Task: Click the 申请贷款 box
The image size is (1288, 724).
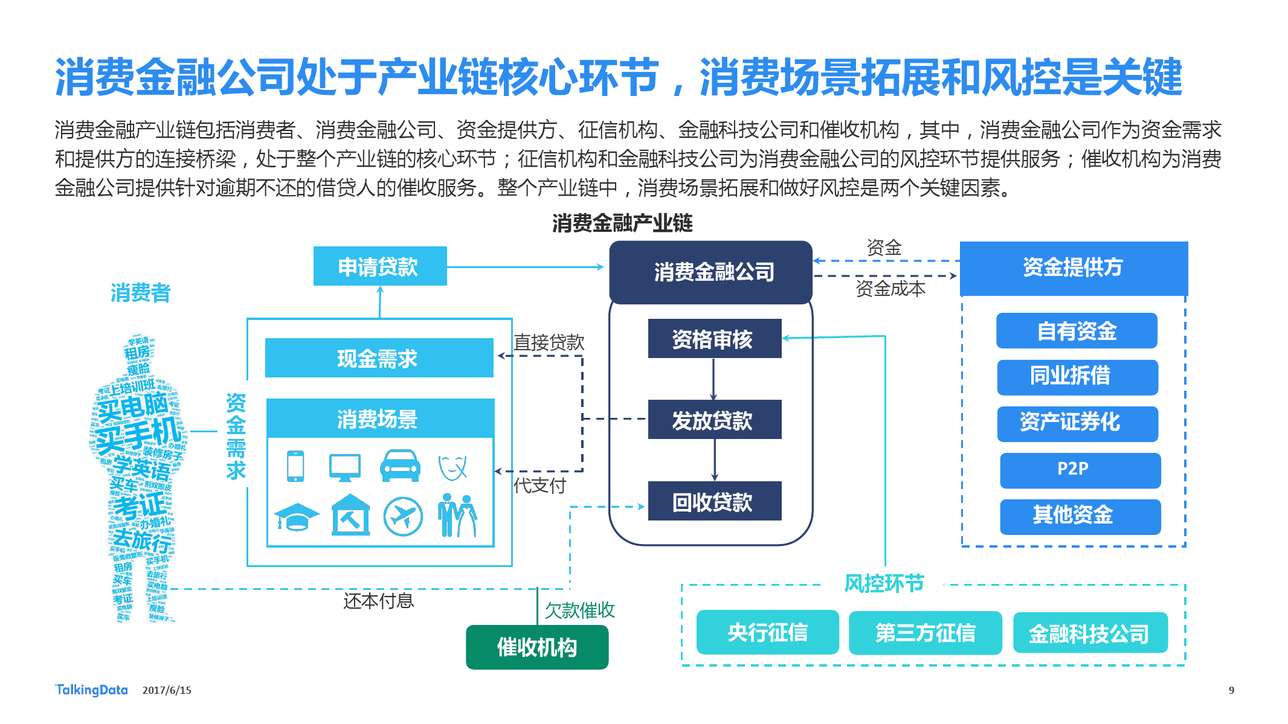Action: click(379, 266)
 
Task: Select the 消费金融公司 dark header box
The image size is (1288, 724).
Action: click(711, 272)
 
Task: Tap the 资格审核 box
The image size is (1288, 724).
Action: click(714, 339)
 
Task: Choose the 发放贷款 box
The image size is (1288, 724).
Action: click(714, 420)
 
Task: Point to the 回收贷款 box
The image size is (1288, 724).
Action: click(714, 501)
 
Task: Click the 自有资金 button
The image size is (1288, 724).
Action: click(1077, 331)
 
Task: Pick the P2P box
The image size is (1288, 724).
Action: click(1080, 470)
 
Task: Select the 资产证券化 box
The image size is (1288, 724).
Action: click(1077, 423)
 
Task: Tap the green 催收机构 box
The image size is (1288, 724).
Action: click(536, 647)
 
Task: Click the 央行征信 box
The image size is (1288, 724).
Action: click(767, 632)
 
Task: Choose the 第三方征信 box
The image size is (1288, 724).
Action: click(925, 633)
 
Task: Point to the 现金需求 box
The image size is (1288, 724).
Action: click(379, 358)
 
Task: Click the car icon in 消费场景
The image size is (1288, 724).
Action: click(400, 466)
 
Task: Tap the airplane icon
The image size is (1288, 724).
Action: click(403, 517)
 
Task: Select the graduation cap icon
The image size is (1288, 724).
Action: click(297, 517)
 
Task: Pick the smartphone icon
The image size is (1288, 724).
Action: click(295, 466)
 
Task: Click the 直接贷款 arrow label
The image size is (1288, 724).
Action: click(549, 342)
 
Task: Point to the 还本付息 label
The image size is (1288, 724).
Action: click(378, 601)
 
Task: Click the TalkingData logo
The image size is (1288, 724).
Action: click(92, 690)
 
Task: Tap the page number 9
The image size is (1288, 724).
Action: click(1231, 690)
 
